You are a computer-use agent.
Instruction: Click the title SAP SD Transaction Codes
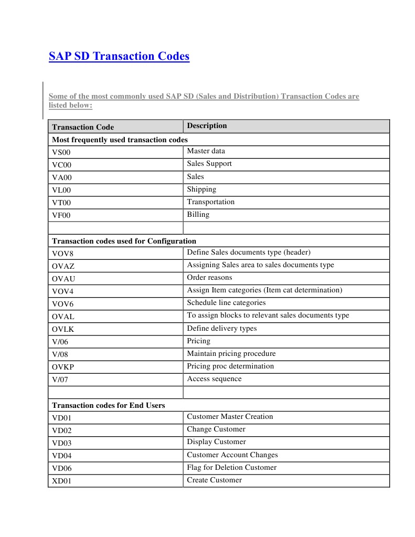(x=119, y=56)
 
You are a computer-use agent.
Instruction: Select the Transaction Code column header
(x=83, y=127)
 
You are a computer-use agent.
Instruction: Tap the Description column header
(x=207, y=126)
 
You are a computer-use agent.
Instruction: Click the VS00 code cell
(x=61, y=152)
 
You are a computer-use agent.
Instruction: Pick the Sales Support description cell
(x=209, y=164)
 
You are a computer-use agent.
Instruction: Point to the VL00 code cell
(x=61, y=190)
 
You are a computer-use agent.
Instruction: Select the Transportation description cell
(x=211, y=202)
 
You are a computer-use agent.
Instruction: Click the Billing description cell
(x=198, y=215)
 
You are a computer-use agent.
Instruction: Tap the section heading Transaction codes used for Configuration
(x=124, y=241)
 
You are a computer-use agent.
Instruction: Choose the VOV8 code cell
(x=62, y=254)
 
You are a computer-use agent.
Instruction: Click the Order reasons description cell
(x=209, y=278)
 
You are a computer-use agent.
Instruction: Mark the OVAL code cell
(x=63, y=317)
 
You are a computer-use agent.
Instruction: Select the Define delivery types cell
(x=222, y=329)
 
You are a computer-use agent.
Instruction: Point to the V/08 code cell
(x=60, y=354)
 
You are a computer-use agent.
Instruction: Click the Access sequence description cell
(x=214, y=379)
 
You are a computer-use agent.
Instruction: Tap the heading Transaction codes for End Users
(x=109, y=405)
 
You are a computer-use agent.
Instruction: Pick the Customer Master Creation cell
(x=230, y=417)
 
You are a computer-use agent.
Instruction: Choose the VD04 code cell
(x=61, y=456)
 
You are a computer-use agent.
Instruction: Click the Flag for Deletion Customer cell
(x=231, y=468)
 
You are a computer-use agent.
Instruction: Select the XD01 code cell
(x=61, y=481)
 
